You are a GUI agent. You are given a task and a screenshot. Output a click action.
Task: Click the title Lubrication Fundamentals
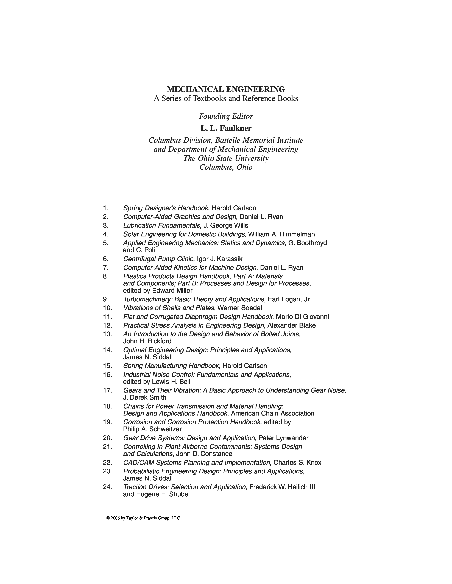[x=162, y=225]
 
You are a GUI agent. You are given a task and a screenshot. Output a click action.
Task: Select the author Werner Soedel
[x=240, y=308]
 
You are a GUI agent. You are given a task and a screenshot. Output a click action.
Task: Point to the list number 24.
[x=107, y=487]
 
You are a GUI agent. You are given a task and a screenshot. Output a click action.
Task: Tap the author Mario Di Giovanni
[x=302, y=317]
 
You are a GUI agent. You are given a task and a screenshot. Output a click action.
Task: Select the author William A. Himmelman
[x=281, y=234]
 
